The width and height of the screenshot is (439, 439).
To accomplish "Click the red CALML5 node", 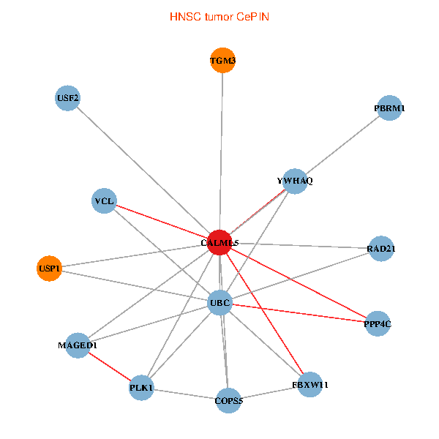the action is pos(220,241).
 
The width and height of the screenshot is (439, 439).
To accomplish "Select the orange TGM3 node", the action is pos(222,61).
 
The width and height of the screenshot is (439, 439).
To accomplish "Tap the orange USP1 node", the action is pos(49,269).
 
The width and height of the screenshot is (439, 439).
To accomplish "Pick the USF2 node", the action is pos(68,98).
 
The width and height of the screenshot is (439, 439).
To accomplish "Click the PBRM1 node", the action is pos(389,108).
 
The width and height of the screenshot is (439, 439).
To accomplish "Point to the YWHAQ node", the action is pos(294,181).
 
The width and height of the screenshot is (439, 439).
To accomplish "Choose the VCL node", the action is pos(105,200).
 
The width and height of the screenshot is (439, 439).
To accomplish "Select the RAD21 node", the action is pos(380,248).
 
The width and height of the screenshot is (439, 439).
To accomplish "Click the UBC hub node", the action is pos(220,302).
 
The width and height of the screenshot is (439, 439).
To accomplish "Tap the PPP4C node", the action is pos(378,323).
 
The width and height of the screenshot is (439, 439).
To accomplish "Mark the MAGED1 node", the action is pos(78,345).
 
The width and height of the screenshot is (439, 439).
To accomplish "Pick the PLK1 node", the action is pos(142,387).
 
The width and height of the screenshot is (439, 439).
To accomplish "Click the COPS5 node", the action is pos(228,400).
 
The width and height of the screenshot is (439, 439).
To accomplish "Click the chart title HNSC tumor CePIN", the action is pos(219,16).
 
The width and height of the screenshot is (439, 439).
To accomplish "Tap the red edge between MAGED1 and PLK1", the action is pos(110,366).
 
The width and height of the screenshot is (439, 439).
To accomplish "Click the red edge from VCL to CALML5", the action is pos(162,221).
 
